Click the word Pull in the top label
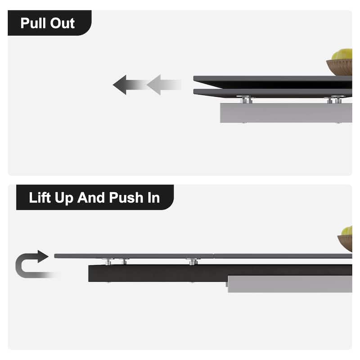tap(33, 23)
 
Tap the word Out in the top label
tap(63, 23)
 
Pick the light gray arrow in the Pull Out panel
tap(164, 85)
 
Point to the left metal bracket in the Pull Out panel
tap(245, 99)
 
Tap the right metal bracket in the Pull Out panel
tap(334, 99)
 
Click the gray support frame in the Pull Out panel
tap(286, 113)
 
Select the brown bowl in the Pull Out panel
tap(340, 67)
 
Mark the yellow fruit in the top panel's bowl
tap(342, 54)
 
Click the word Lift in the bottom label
tap(40, 198)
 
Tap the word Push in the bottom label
tap(126, 198)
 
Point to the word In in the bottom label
tap(153, 198)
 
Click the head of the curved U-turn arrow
tap(43, 256)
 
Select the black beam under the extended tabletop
tap(220, 273)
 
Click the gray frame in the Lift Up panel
tap(290, 284)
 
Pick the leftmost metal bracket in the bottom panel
tap(108, 261)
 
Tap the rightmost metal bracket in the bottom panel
tap(193, 261)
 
